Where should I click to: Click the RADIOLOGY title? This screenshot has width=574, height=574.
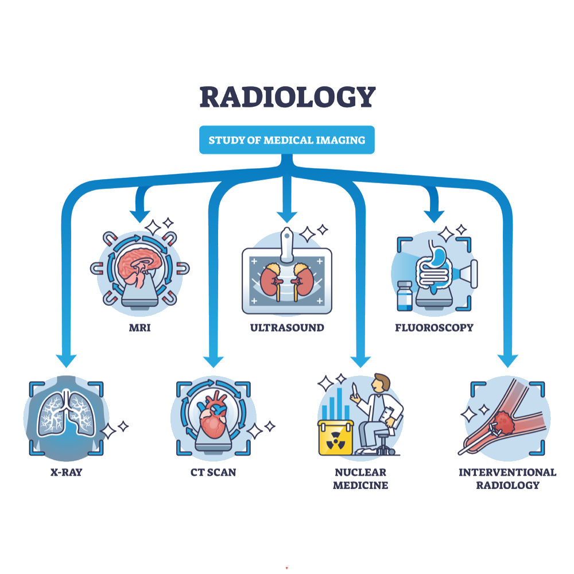coord(287,98)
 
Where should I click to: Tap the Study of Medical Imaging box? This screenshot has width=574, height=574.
coord(287,140)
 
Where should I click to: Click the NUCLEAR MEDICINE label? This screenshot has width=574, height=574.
coord(360,479)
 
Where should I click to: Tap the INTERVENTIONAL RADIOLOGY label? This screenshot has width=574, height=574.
coord(507,479)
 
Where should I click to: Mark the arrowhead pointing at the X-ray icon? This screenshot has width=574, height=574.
coord(67,360)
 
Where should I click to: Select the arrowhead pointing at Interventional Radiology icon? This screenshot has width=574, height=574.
coord(507,360)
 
